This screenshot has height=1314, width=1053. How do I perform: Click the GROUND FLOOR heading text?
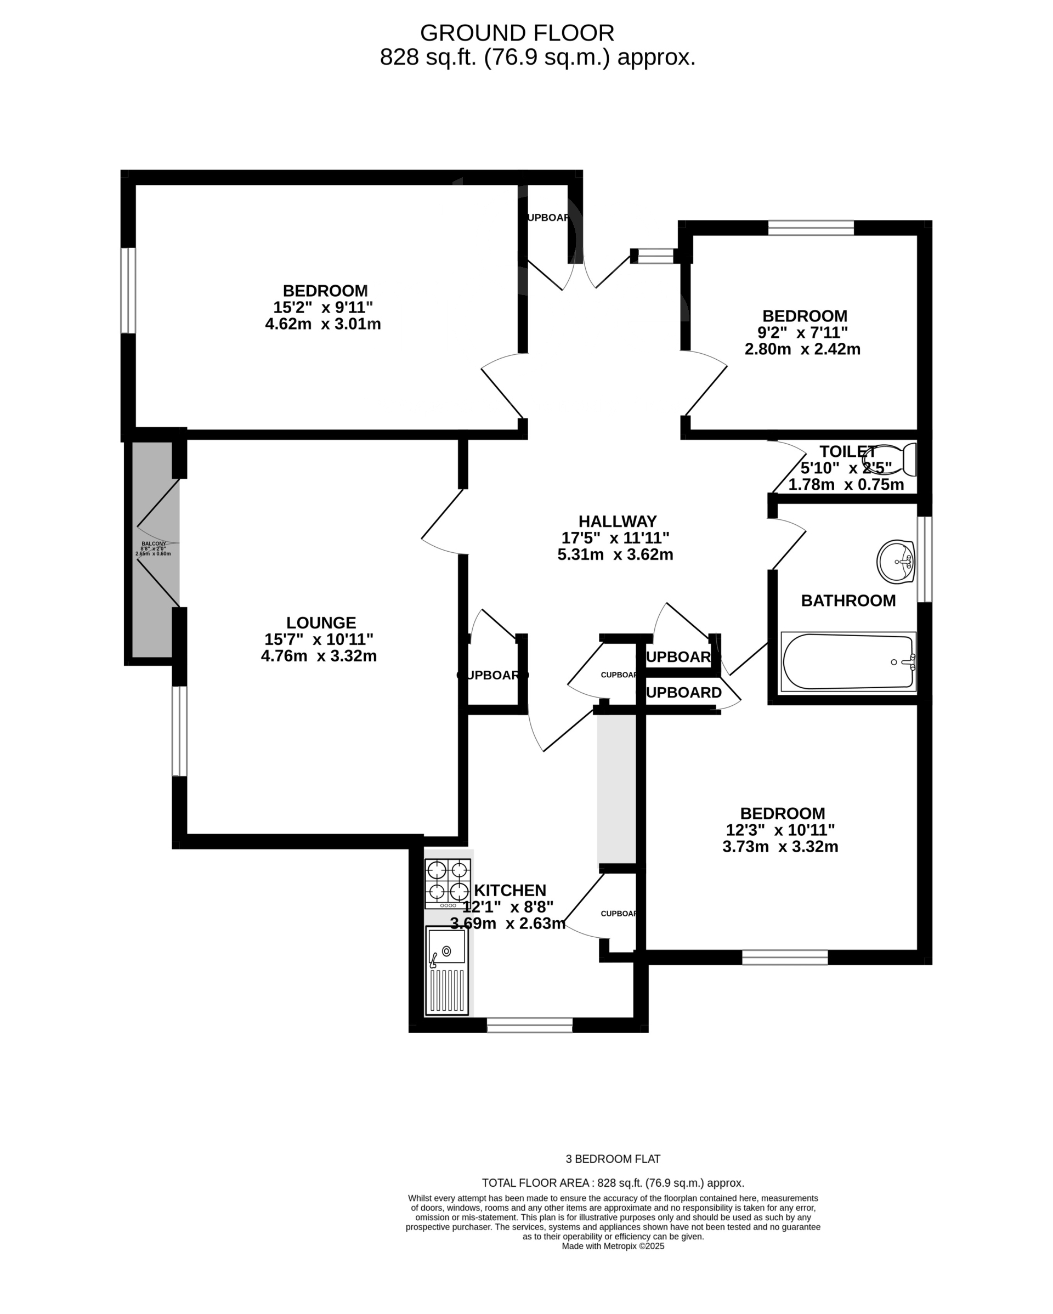click(517, 33)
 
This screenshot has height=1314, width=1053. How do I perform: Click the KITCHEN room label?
click(510, 890)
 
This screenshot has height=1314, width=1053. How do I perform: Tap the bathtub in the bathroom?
click(848, 662)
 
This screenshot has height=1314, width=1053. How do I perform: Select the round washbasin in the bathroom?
click(896, 562)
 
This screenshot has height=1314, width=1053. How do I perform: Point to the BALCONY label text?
click(154, 543)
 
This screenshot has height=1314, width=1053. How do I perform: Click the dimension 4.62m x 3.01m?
click(323, 324)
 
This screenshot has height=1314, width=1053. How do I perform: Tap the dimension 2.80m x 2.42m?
click(802, 349)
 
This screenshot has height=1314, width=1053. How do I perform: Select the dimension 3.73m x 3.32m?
click(780, 847)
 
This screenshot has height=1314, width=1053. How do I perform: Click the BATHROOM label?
click(848, 601)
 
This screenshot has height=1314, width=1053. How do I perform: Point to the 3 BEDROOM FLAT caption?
click(613, 1159)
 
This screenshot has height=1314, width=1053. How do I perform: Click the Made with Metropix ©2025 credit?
click(613, 1247)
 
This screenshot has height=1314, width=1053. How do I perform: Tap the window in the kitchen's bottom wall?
click(530, 1025)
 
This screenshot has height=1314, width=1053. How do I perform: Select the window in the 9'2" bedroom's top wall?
click(811, 228)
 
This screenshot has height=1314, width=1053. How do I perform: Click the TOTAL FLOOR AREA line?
click(613, 1183)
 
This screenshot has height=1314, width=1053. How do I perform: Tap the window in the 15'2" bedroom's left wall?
click(127, 291)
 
